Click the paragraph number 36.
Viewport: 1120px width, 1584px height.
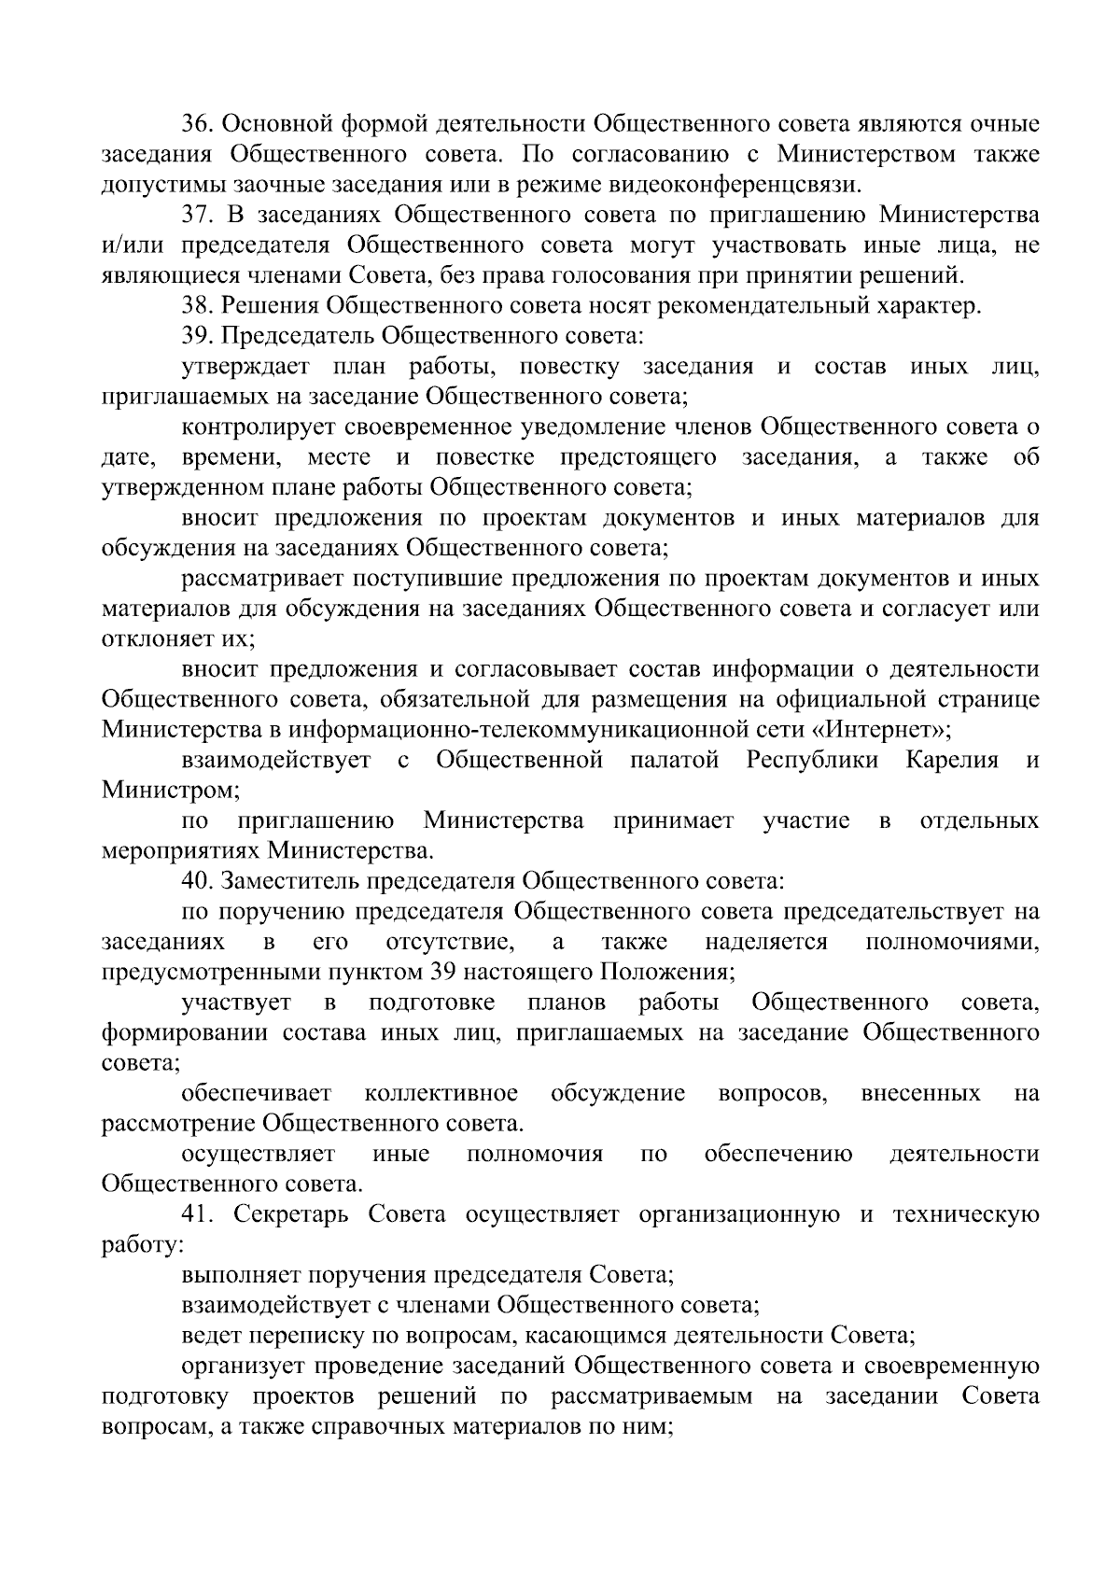click(198, 124)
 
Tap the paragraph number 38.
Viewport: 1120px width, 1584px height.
click(198, 306)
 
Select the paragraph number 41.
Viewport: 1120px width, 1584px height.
click(198, 1215)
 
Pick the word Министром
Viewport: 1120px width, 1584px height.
click(169, 791)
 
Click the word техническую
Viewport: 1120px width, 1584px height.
click(966, 1215)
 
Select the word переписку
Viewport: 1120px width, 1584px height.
click(303, 1337)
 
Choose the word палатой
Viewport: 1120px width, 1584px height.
click(674, 761)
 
